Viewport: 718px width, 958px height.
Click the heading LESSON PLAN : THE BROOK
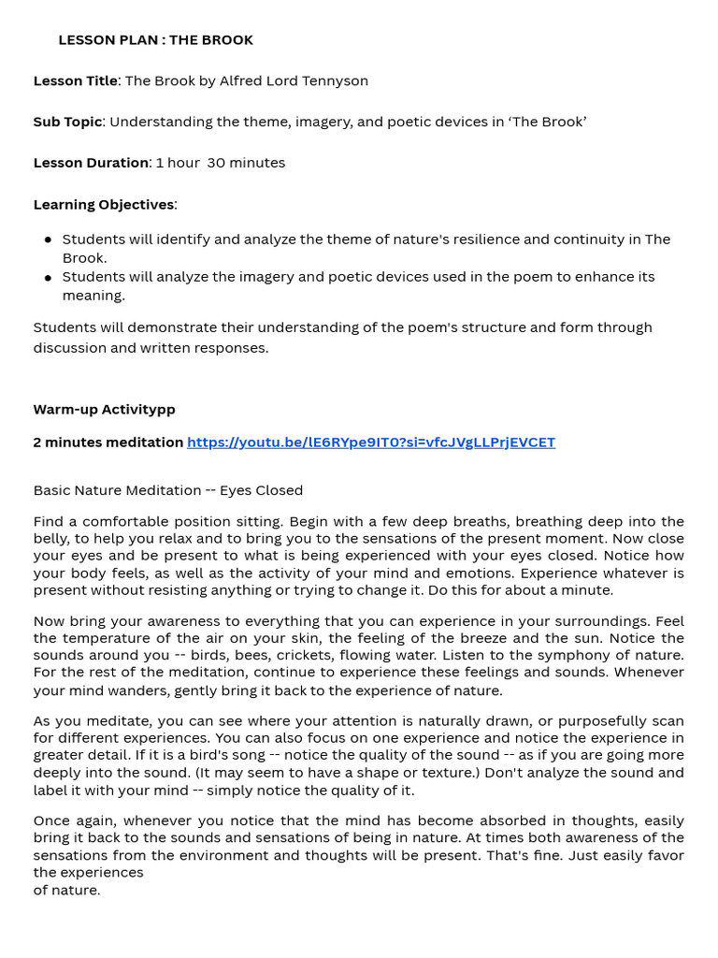[x=155, y=40]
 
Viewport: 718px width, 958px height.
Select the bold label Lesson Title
[x=76, y=81]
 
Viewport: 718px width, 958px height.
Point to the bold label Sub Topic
[x=67, y=122]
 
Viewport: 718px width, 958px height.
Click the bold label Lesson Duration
[x=91, y=163]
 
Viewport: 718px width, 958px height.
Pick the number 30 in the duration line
[x=216, y=163]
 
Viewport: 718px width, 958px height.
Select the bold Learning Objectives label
[x=104, y=205]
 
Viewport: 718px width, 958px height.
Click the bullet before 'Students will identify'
[x=48, y=240]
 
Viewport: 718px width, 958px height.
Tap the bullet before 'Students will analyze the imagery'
[x=48, y=278]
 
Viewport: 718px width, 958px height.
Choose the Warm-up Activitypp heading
[x=104, y=410]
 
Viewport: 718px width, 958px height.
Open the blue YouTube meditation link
[x=370, y=443]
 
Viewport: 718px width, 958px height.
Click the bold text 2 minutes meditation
[x=108, y=443]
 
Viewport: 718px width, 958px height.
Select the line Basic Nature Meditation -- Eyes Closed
[x=168, y=490]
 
